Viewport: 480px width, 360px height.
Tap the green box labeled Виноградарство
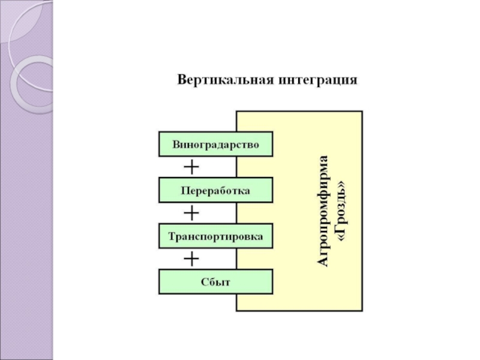pos(215,145)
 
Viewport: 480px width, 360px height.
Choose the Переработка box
pos(215,191)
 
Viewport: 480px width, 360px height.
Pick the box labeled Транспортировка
pos(215,236)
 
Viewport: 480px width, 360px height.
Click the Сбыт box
pos(215,282)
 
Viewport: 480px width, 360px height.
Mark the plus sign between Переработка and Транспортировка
pos(191,212)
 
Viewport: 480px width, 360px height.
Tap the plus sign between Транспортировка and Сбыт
pos(191,259)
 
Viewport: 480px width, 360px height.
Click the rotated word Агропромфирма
pos(323,210)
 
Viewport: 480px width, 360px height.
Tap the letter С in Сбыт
pos(205,282)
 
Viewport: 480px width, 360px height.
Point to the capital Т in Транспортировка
pos(172,236)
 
